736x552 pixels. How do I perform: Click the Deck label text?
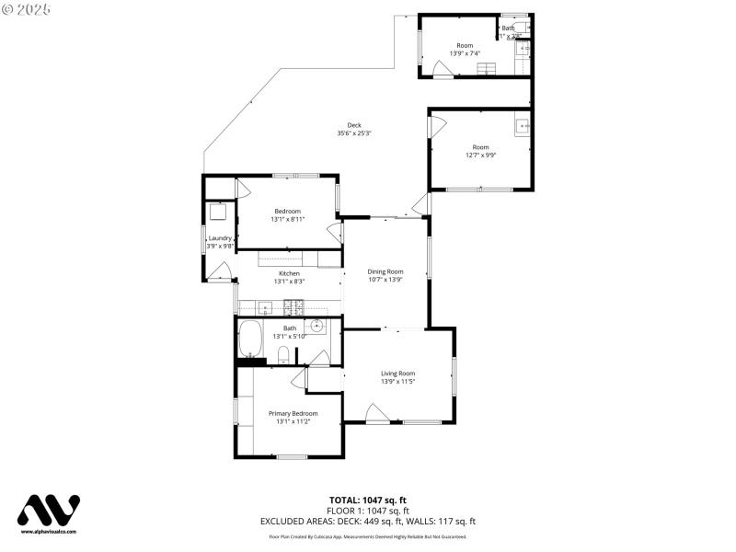click(354, 125)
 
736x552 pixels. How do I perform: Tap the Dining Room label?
click(385, 271)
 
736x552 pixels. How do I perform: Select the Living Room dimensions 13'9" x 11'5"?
click(398, 381)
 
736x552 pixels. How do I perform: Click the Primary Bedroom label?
click(293, 413)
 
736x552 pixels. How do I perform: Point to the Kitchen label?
click(290, 273)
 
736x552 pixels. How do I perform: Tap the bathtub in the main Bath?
click(250, 339)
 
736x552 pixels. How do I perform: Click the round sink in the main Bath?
click(317, 325)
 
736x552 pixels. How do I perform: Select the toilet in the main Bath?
click(283, 355)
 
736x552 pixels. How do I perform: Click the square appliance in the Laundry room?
click(218, 212)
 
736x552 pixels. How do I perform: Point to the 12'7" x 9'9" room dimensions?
click(480, 155)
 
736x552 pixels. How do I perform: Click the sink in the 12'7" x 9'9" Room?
click(523, 125)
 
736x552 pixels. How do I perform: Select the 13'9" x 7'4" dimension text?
click(465, 53)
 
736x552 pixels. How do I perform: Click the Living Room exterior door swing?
click(376, 416)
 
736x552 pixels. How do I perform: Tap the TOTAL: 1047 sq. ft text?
click(367, 500)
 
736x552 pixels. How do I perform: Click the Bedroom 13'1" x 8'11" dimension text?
click(287, 219)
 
